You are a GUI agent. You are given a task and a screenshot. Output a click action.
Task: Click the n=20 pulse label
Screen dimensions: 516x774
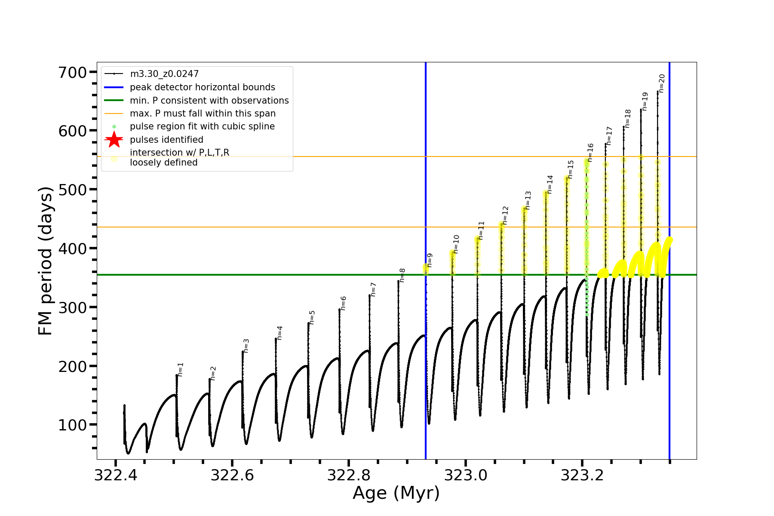[x=662, y=83]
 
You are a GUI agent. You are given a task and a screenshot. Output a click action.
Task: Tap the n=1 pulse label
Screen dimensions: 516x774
[x=181, y=369]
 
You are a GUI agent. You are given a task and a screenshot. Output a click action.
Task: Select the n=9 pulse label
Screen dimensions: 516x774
[x=430, y=260]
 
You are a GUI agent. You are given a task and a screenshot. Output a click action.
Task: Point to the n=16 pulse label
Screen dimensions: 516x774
[x=590, y=153]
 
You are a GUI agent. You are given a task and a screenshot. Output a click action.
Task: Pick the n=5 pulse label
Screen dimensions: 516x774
[x=312, y=317]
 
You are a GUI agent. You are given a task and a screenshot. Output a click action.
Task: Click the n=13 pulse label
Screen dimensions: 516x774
[x=528, y=200]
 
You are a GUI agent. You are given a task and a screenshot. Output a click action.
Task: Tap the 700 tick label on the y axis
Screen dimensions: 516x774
[x=73, y=72]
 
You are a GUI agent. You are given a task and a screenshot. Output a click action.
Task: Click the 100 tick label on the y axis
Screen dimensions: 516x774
[x=73, y=425]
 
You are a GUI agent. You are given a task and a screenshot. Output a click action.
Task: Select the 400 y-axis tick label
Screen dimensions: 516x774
[x=73, y=249]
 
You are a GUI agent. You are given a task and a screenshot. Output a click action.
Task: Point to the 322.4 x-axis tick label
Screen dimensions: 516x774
[x=115, y=476]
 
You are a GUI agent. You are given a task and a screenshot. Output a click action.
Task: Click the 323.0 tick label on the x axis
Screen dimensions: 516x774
[x=466, y=476]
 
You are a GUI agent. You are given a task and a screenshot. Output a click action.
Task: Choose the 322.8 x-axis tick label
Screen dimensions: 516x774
[x=349, y=476]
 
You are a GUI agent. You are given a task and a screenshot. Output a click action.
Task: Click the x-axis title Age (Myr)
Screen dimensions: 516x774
[x=396, y=493]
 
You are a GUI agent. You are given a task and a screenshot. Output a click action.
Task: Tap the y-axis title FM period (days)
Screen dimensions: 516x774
[x=45, y=261]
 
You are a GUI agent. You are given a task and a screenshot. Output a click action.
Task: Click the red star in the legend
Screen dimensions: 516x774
[x=114, y=140]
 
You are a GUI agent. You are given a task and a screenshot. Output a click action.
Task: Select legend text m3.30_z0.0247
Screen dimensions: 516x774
[x=164, y=74]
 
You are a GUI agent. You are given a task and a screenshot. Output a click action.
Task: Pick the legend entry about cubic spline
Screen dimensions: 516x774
[x=202, y=126]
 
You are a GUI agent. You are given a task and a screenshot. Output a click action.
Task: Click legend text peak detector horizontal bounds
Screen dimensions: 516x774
[x=203, y=87]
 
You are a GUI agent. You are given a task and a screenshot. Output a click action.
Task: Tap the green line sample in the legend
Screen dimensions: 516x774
[x=114, y=101]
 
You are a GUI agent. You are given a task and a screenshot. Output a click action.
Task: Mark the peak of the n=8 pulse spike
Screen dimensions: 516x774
[x=398, y=281]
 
